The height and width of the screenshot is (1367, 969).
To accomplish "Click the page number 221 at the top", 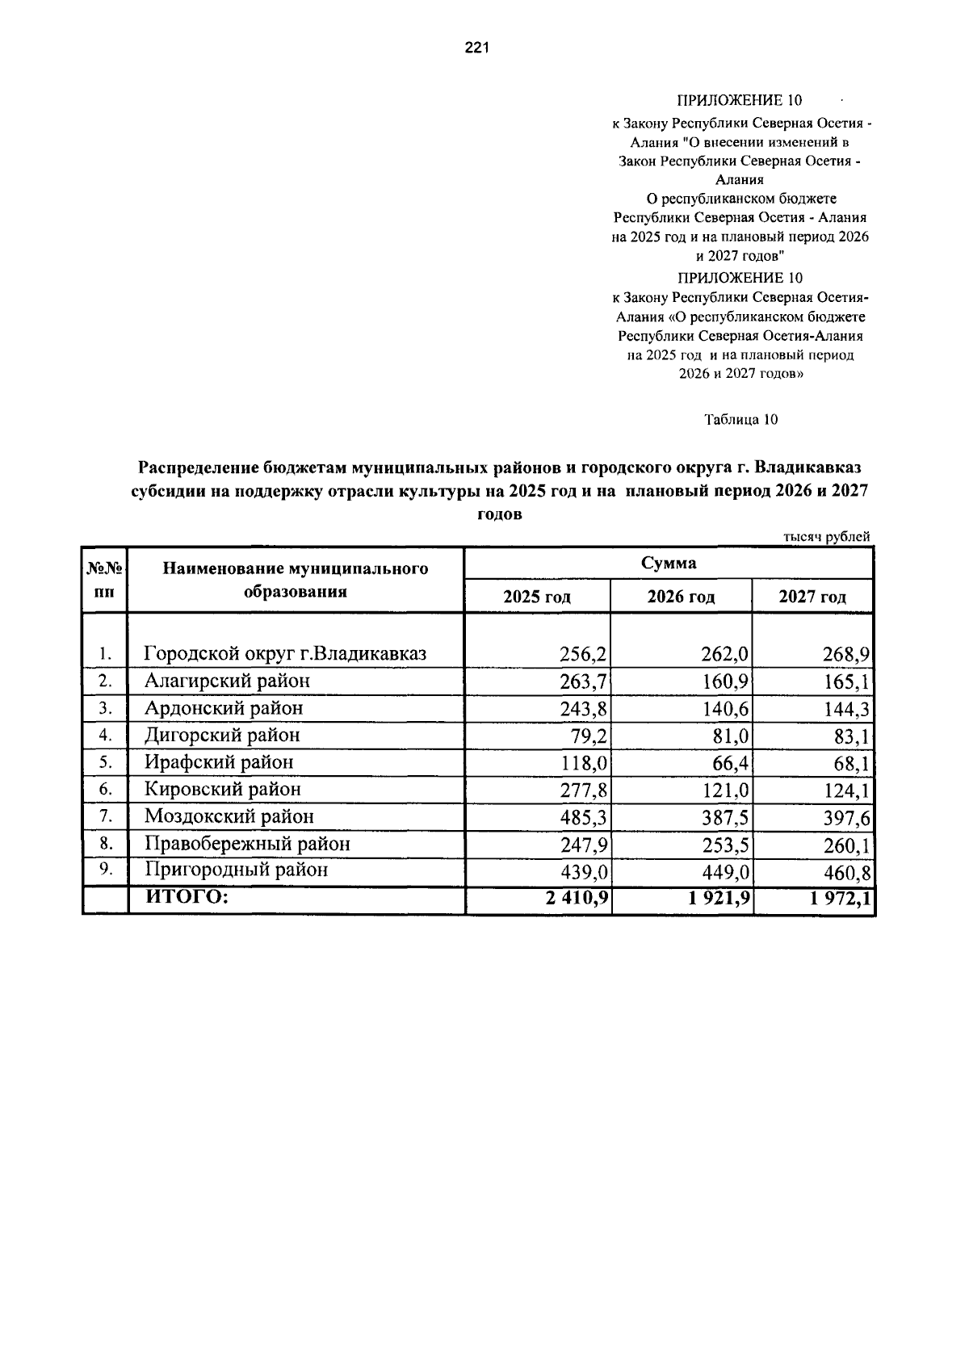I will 476,49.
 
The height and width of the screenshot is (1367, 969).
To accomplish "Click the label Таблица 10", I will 740,419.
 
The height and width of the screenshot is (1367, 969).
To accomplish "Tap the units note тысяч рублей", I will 827,536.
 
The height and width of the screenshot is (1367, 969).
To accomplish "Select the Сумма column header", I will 669,564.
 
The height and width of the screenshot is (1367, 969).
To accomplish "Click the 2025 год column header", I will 537,598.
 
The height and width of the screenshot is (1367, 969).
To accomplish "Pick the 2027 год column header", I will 812,598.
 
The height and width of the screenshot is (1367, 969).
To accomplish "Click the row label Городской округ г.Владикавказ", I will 285,653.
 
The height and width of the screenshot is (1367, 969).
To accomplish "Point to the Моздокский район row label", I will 229,816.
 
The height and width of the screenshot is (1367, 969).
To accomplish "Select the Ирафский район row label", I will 219,762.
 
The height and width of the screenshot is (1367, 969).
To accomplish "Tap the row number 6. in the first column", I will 105,789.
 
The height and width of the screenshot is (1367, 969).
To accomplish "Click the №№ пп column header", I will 105,580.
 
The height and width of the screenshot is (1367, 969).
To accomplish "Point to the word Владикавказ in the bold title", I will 813,468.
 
